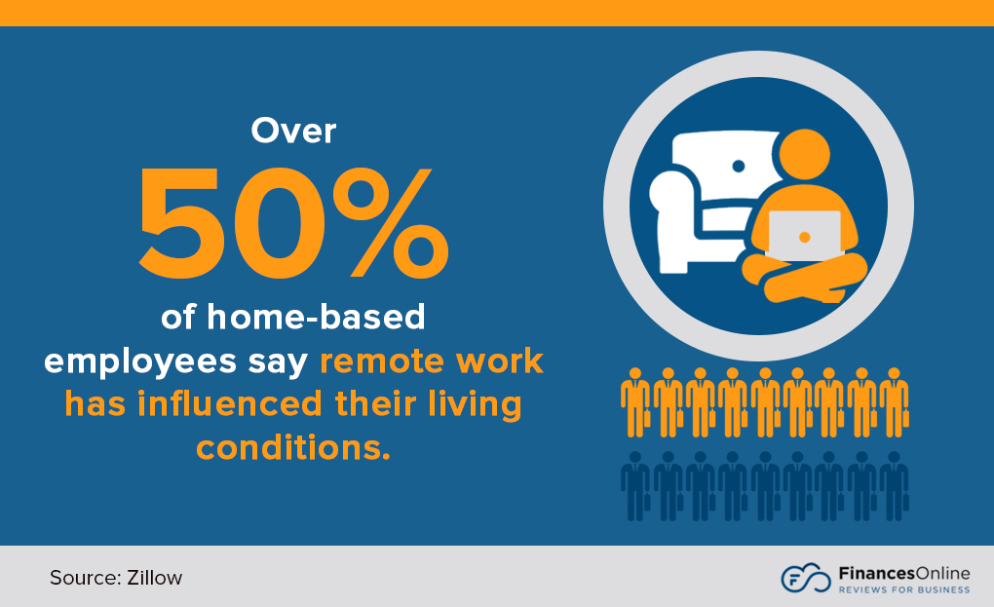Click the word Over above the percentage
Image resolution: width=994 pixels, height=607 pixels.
293,131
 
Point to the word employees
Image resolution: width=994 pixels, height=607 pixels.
129,361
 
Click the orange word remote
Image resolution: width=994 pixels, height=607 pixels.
381,361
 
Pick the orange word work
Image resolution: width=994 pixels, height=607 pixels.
496,361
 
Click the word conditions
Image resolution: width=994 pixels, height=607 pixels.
292,446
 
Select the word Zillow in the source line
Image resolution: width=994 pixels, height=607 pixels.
154,578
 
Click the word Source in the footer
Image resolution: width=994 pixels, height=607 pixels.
82,578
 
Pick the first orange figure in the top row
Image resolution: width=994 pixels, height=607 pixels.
635,400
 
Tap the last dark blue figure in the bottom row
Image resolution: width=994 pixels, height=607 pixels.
894,484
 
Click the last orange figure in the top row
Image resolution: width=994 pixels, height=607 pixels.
894,400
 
